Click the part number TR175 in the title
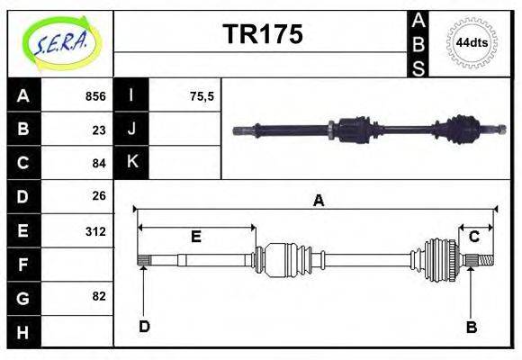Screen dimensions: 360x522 coord(262,35)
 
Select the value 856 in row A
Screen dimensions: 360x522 coord(94,96)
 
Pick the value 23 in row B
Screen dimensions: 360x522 coord(99,129)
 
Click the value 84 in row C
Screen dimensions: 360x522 coord(99,163)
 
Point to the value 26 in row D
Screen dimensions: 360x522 coord(99,195)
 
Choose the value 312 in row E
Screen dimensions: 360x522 coord(95,231)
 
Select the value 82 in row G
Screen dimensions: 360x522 coord(99,296)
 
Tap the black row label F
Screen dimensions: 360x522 coord(22,265)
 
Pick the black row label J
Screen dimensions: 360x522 coord(131,129)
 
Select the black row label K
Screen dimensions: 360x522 coord(131,162)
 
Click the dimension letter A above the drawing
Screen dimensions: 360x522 coord(317,201)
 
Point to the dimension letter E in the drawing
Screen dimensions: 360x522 coord(195,238)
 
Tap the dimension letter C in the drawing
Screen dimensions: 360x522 coord(473,237)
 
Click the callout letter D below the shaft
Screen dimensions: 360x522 coord(143,327)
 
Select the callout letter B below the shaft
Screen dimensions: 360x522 coord(471,327)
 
